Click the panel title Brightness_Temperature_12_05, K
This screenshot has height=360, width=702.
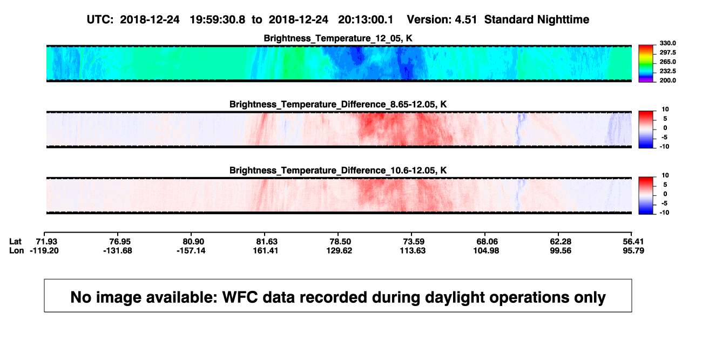pos(338,38)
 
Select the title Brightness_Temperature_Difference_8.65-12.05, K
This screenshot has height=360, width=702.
pos(338,104)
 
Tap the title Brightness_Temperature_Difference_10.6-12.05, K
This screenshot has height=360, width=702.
pos(338,171)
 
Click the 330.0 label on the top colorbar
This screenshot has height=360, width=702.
pos(667,43)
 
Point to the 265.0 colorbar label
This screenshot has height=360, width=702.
pos(667,62)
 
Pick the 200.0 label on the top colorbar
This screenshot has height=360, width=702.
pos(667,80)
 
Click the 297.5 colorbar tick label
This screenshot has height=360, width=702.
pos(667,52)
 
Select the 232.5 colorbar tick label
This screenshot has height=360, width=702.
pos(667,71)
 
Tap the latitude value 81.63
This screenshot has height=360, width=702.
pos(267,242)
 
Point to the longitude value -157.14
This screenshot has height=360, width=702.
pos(191,250)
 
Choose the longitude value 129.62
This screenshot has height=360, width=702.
pos(339,250)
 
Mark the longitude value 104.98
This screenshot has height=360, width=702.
pos(486,250)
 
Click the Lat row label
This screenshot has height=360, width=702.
pos(15,242)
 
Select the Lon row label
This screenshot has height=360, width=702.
pos(16,250)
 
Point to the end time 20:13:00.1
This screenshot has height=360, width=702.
pos(366,20)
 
